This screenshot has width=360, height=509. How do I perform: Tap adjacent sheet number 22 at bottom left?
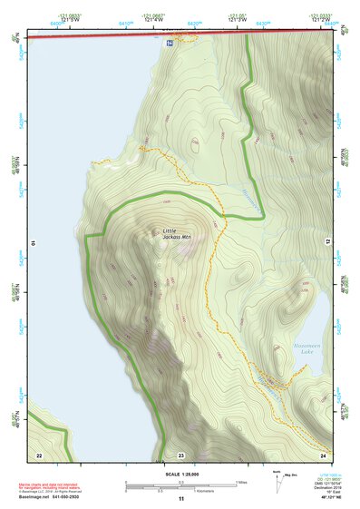[38, 454]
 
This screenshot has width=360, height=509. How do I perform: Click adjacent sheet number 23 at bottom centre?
[180, 454]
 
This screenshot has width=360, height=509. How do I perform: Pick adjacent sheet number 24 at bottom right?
[323, 454]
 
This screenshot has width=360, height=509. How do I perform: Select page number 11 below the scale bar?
[180, 499]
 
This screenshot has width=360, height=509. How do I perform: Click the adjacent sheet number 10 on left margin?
[33, 243]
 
